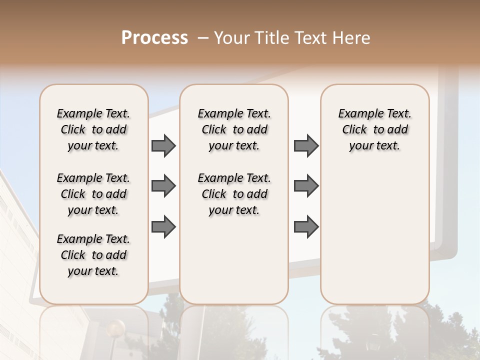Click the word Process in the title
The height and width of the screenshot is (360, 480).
(x=154, y=38)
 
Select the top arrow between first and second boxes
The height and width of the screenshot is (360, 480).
(x=163, y=145)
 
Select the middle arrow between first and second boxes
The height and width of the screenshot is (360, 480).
(x=163, y=186)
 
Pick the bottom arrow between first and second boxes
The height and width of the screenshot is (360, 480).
(x=163, y=226)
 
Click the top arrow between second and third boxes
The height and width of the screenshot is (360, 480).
(x=306, y=145)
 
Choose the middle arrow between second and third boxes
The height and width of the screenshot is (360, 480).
(x=306, y=186)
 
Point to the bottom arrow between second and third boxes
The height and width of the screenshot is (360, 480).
(x=306, y=226)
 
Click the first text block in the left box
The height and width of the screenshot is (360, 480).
(x=93, y=129)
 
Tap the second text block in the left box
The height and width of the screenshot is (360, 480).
(x=93, y=194)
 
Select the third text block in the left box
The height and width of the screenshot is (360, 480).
(x=93, y=255)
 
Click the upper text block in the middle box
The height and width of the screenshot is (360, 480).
(x=234, y=129)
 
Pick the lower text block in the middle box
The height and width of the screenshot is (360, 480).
(x=234, y=194)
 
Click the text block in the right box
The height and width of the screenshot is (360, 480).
(x=374, y=129)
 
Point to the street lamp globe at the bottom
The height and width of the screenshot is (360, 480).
(x=116, y=328)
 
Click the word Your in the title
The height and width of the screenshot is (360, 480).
(x=232, y=38)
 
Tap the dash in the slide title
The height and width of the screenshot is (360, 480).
(x=203, y=38)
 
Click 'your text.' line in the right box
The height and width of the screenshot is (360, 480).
(x=374, y=146)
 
